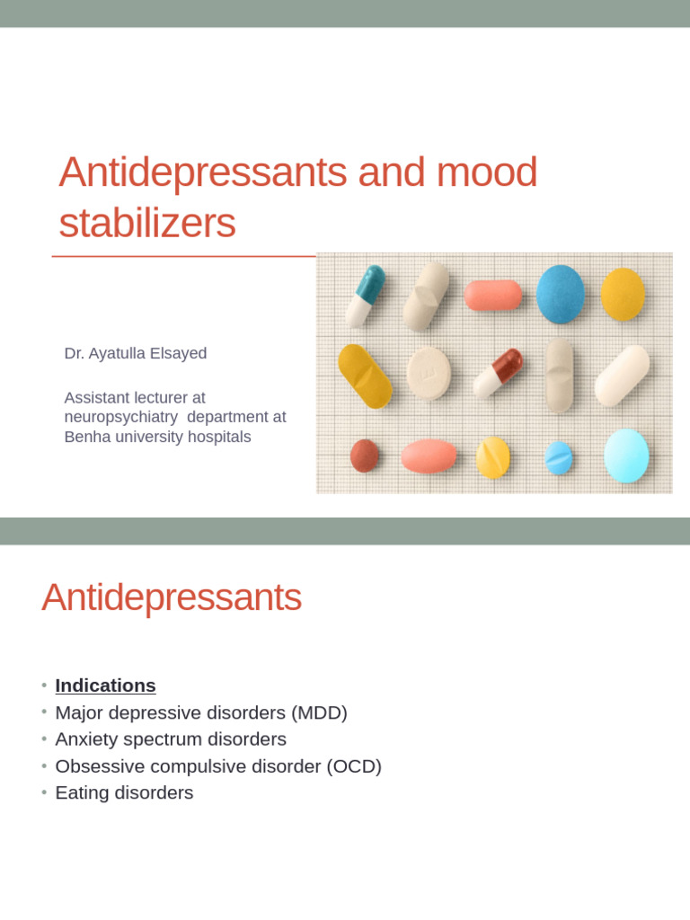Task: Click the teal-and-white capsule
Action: click(x=365, y=296)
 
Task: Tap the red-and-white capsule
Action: click(x=498, y=372)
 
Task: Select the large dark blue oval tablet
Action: click(x=561, y=294)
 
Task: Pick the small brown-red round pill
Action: click(x=364, y=456)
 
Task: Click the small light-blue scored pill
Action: click(x=559, y=458)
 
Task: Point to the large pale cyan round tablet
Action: click(x=626, y=456)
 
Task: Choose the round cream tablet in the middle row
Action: click(x=429, y=373)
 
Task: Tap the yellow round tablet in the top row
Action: click(x=623, y=294)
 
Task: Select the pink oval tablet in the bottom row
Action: click(x=429, y=456)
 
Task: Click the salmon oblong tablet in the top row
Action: click(x=492, y=296)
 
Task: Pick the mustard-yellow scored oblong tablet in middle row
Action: click(x=365, y=376)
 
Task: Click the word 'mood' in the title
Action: click(x=487, y=172)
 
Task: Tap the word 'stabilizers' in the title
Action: click(x=147, y=224)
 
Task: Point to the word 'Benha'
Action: click(x=85, y=438)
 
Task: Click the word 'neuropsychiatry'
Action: click(x=120, y=417)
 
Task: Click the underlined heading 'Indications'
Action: click(x=105, y=686)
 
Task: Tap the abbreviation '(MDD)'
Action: click(x=318, y=712)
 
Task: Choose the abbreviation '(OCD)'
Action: click(x=354, y=766)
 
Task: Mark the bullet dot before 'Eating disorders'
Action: click(x=44, y=793)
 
